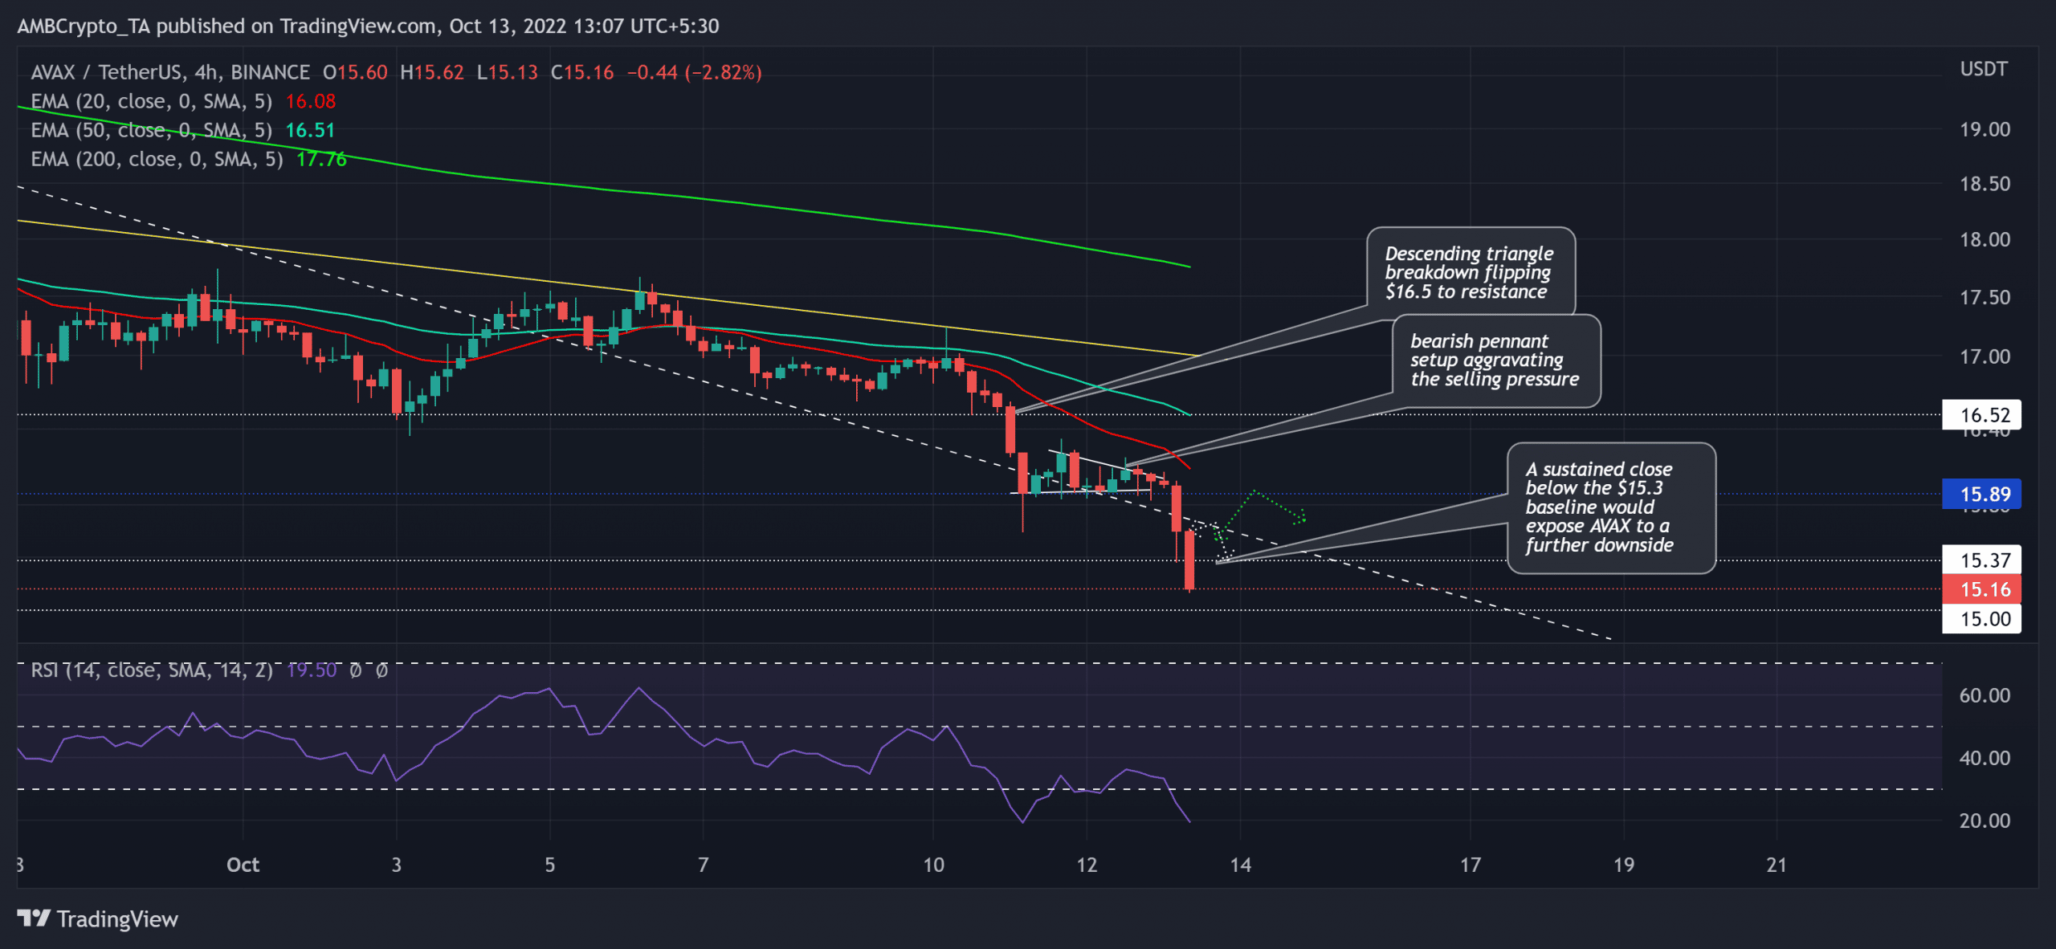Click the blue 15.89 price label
1981,494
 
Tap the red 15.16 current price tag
1981,589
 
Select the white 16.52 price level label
1981,415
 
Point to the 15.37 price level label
1981,560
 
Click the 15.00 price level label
1981,619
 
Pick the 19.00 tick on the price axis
1985,129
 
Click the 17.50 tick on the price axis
1985,297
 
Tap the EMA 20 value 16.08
311,101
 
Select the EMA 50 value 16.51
310,130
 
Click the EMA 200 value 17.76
321,159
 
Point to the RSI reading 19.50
312,670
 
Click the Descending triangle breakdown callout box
1470,272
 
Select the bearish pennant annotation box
1495,360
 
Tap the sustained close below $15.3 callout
1610,507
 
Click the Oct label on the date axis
243,865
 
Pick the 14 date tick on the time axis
1240,865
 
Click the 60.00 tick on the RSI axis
1985,695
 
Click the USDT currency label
1984,69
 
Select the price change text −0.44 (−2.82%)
694,72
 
